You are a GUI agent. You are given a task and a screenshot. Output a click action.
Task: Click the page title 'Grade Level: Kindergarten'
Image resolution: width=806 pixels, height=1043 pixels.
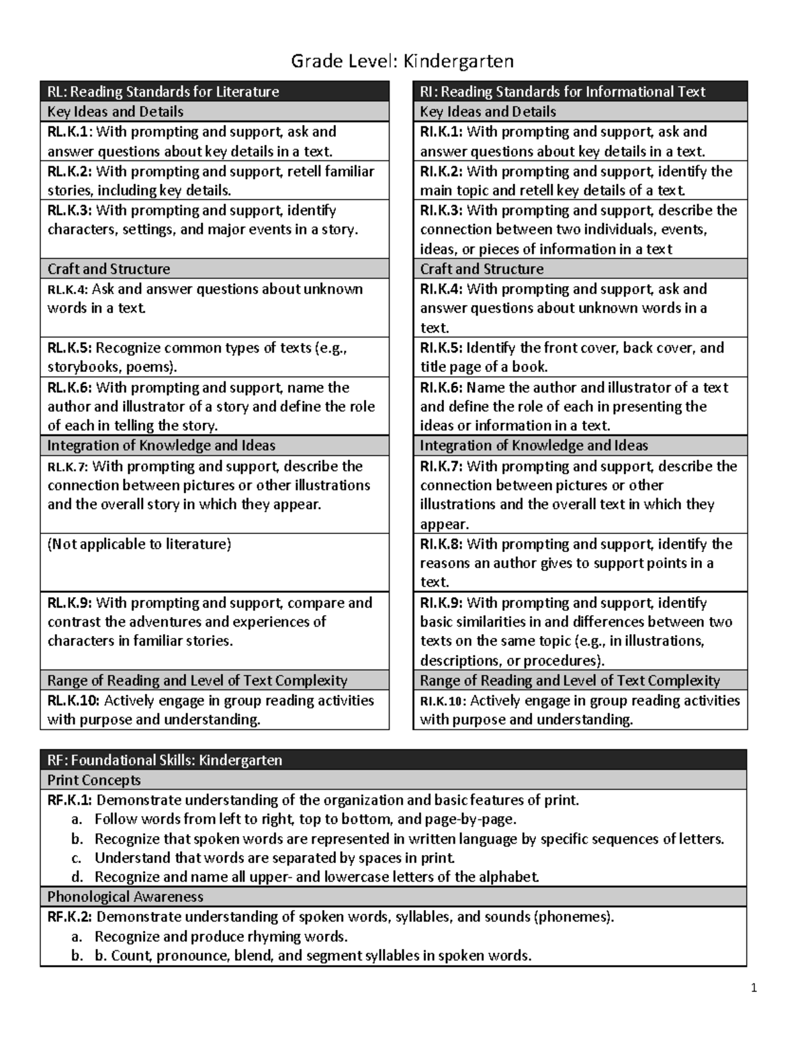point(402,62)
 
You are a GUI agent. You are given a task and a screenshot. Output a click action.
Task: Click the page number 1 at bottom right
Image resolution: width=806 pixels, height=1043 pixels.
point(754,987)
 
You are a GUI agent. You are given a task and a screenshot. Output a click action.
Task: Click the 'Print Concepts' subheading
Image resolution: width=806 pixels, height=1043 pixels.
point(94,780)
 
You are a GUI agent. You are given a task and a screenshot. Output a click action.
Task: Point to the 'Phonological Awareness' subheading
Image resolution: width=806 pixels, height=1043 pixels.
point(125,897)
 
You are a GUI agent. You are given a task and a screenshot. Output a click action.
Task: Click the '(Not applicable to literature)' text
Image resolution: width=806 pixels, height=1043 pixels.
point(139,544)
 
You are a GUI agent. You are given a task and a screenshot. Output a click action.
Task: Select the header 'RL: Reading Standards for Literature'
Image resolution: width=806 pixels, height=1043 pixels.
point(163,91)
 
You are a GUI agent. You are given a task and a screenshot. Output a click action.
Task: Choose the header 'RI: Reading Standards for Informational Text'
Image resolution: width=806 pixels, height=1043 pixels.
point(562,91)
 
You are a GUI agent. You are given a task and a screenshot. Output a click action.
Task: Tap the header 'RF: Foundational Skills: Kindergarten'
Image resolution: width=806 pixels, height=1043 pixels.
point(165,760)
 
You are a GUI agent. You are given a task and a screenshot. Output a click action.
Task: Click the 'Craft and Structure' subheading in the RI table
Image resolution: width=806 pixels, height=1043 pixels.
point(482,269)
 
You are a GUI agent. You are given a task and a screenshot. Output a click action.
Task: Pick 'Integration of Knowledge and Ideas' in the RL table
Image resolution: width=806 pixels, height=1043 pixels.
point(161,445)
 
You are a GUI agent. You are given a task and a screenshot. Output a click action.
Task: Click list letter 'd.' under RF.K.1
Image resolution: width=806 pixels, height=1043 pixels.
point(77,876)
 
